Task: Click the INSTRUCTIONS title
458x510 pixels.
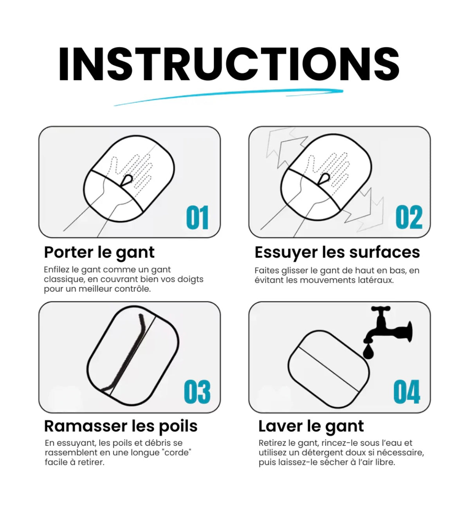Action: pyautogui.click(x=229, y=64)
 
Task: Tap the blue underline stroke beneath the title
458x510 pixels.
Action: pyautogui.click(x=229, y=96)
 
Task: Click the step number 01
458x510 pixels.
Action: pyautogui.click(x=197, y=218)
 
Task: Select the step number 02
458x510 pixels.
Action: pyautogui.click(x=409, y=218)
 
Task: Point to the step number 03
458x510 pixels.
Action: pyautogui.click(x=197, y=392)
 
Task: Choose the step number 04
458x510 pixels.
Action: pyautogui.click(x=407, y=392)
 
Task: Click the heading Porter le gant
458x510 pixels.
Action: pyautogui.click(x=99, y=252)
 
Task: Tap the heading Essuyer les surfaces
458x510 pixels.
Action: pyautogui.click(x=337, y=252)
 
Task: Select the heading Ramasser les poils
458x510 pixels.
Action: pyautogui.click(x=121, y=426)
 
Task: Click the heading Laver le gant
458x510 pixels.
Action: pyautogui.click(x=311, y=426)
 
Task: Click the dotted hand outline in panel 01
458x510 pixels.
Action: pyautogui.click(x=133, y=172)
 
